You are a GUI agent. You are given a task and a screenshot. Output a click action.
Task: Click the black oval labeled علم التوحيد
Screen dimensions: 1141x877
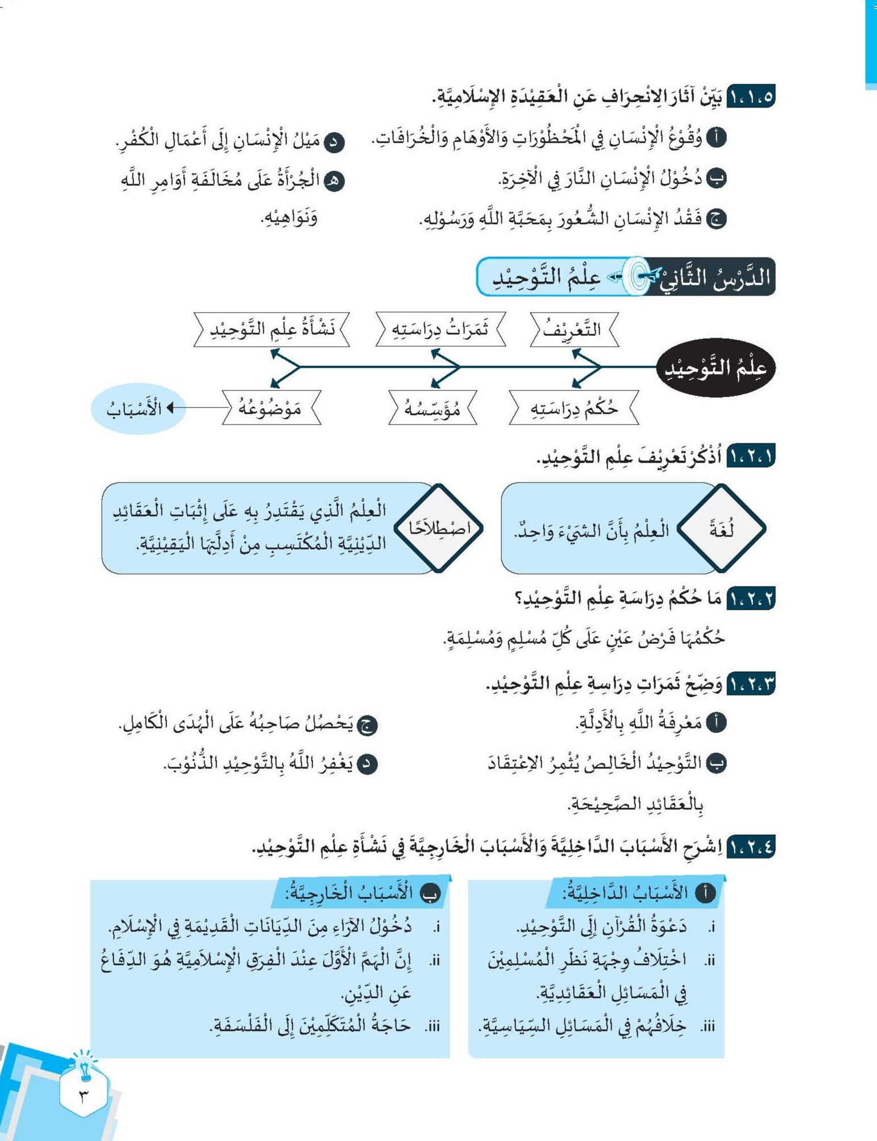[716, 368]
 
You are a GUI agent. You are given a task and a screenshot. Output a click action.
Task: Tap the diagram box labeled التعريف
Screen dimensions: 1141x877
[573, 329]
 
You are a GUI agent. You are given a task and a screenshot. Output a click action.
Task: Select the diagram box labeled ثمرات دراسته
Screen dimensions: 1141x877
[440, 329]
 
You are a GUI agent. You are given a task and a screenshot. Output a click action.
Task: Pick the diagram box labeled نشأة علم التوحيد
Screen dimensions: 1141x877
[272, 329]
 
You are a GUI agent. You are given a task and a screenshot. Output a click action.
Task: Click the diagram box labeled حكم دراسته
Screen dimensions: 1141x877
[574, 407]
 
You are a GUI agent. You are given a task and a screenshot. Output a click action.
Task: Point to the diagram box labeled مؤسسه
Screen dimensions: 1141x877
[433, 407]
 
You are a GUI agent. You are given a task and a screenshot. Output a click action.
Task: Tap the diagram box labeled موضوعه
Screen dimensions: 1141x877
[271, 407]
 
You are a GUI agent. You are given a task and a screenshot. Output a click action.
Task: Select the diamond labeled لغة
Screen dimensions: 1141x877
[721, 528]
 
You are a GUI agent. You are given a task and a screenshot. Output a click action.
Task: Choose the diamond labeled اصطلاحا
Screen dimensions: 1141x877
[439, 528]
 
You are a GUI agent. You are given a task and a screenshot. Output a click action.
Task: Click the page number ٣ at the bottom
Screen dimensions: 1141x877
[84, 1096]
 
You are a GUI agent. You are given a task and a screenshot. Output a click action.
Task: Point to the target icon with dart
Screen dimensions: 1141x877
[637, 276]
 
